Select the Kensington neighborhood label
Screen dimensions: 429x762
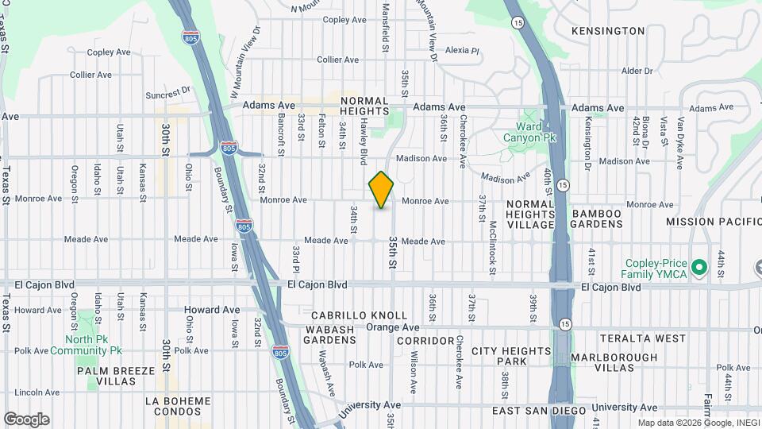pos(608,31)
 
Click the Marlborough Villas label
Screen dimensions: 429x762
pos(614,363)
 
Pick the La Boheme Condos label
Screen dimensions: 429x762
pos(178,406)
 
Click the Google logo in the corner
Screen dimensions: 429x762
pos(26,419)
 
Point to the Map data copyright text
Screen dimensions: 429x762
pos(698,423)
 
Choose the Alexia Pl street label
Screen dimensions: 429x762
pos(463,50)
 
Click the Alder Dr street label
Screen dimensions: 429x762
pos(637,71)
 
